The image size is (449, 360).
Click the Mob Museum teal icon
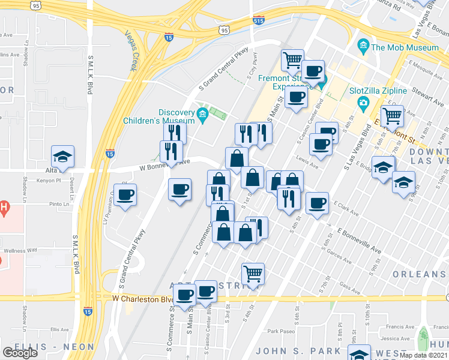click(x=363, y=46)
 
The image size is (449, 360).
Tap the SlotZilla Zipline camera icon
click(x=363, y=104)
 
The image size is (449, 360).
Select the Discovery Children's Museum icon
click(x=202, y=114)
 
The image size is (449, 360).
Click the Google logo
click(x=20, y=353)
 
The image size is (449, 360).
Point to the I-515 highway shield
click(x=258, y=19)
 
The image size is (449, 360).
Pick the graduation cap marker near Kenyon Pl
click(x=62, y=158)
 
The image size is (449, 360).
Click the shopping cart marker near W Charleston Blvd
click(x=253, y=274)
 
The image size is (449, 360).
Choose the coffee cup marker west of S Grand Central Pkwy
click(x=125, y=196)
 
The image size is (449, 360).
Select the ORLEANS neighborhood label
click(x=419, y=274)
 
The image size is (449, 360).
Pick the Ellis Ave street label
click(x=60, y=329)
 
